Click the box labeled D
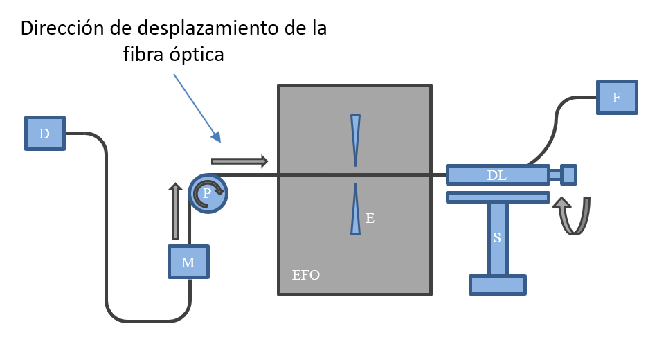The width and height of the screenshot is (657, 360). [x=44, y=134]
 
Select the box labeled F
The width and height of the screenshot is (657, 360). [x=615, y=98]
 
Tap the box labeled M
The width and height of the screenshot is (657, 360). [x=188, y=262]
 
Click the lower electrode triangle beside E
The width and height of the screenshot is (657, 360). [x=356, y=208]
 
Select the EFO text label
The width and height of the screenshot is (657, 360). [x=306, y=276]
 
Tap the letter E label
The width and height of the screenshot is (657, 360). [x=370, y=219]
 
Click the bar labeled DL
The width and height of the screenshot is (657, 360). [x=497, y=175]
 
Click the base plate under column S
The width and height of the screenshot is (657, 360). [x=497, y=285]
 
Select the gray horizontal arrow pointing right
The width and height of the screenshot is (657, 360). [x=240, y=161]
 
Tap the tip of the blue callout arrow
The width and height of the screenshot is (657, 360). [x=219, y=141]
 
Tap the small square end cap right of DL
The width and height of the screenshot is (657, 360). [x=568, y=174]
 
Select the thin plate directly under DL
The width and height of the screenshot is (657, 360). [x=497, y=197]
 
